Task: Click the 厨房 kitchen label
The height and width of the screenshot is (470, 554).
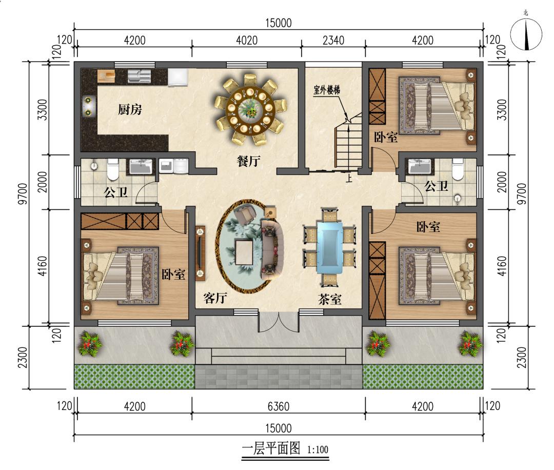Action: click(x=130, y=110)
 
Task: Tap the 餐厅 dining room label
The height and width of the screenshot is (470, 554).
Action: click(x=248, y=161)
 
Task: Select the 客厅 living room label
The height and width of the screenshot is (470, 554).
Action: click(x=215, y=298)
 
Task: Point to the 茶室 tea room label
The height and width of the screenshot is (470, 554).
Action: click(x=330, y=300)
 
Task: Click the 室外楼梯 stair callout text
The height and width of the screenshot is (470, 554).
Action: click(x=327, y=90)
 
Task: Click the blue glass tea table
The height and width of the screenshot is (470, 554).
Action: click(x=329, y=247)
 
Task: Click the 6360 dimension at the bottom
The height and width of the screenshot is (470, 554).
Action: click(x=279, y=406)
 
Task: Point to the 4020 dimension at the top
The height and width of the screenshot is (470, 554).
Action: click(x=247, y=41)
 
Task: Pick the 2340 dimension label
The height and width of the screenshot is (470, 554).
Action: click(x=333, y=41)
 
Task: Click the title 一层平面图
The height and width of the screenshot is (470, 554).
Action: click(x=271, y=449)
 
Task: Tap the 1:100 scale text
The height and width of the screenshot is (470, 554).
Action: click(x=318, y=450)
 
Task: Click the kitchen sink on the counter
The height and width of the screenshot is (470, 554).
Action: click(x=138, y=75)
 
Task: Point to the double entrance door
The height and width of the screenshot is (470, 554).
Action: click(x=279, y=322)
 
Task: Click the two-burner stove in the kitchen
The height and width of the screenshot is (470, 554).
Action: click(x=87, y=107)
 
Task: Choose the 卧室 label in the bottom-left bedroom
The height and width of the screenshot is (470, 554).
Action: click(x=173, y=274)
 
